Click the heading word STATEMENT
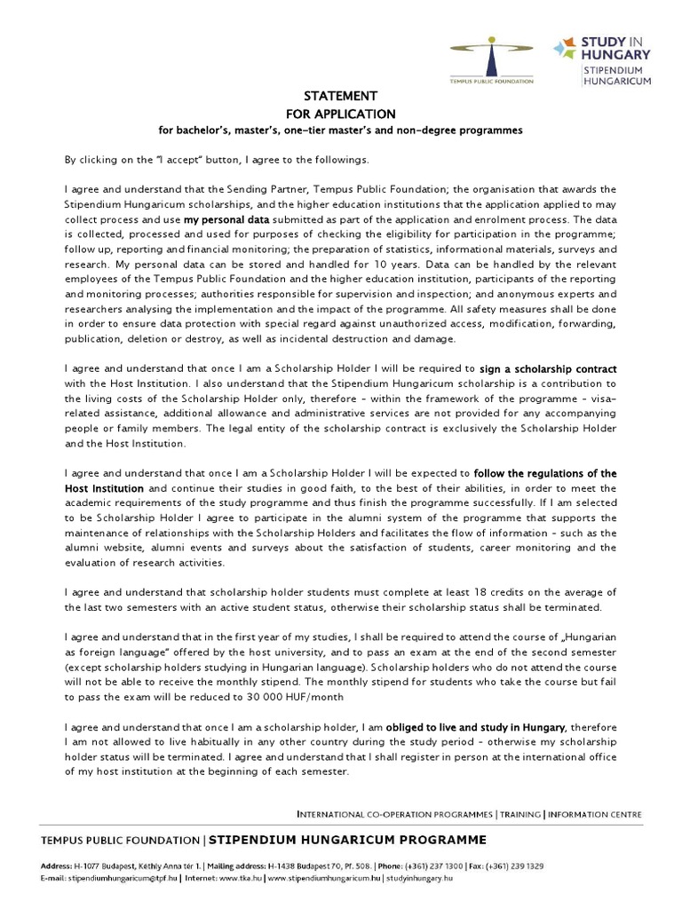point(329,96)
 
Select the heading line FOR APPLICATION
point(329,114)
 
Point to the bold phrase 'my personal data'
point(226,218)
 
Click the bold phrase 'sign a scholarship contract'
point(548,368)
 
